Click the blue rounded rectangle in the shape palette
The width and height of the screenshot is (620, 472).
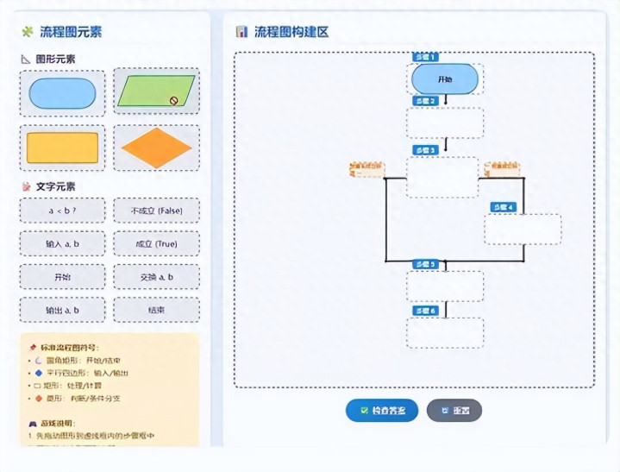tap(62, 93)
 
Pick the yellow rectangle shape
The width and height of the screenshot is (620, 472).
tap(62, 148)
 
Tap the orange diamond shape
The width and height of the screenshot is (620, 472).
tap(156, 148)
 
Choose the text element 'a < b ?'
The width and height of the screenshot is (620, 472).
tap(62, 211)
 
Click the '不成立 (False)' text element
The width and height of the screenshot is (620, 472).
tap(156, 211)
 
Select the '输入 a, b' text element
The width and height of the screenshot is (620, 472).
tap(62, 244)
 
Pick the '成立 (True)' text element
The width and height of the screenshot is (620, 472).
tap(156, 244)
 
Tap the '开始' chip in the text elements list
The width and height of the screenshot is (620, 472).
tap(62, 277)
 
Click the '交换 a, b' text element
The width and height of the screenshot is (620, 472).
tap(156, 277)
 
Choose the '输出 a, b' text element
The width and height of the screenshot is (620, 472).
tap(62, 310)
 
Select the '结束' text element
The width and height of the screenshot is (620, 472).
tap(156, 310)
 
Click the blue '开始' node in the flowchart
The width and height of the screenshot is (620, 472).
tap(445, 79)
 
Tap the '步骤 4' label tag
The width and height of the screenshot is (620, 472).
tap(503, 207)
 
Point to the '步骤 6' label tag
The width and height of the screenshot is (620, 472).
tap(426, 311)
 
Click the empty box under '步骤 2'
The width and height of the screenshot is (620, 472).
tap(445, 123)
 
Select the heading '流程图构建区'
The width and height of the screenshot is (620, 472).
tap(291, 32)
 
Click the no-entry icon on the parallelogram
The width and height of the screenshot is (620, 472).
tap(173, 100)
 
